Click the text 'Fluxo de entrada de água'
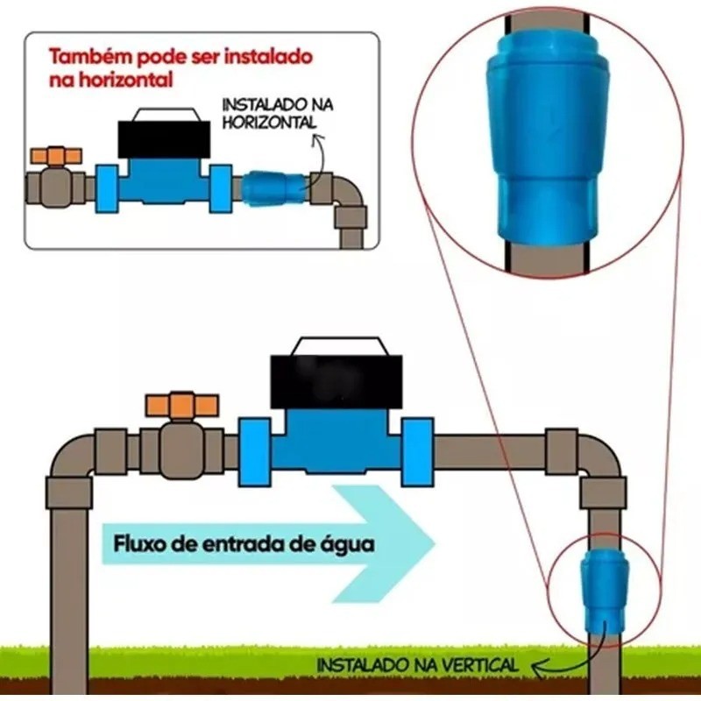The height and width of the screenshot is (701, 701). (x=244, y=544)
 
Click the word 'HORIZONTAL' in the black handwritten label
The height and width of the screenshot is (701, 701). (x=269, y=123)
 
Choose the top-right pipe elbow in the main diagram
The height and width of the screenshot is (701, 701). (x=596, y=464)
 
